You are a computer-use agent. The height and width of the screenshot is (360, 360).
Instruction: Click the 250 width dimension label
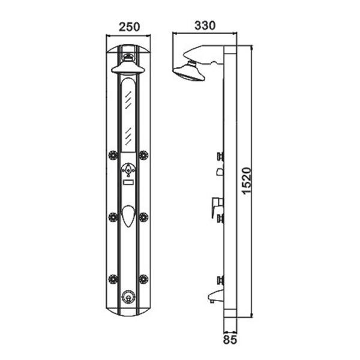click(x=129, y=27)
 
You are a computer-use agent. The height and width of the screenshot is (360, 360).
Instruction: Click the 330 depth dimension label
click(x=205, y=25)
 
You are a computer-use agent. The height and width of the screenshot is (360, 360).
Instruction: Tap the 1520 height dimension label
click(x=247, y=181)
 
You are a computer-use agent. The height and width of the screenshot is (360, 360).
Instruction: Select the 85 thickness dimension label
click(x=230, y=340)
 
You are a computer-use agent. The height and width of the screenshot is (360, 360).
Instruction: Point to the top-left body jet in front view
click(x=113, y=155)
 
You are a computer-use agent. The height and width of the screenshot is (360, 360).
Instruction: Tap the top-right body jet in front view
click(x=143, y=155)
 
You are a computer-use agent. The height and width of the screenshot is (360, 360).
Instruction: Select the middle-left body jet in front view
click(x=113, y=217)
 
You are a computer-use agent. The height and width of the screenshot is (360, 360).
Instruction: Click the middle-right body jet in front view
click(x=143, y=217)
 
